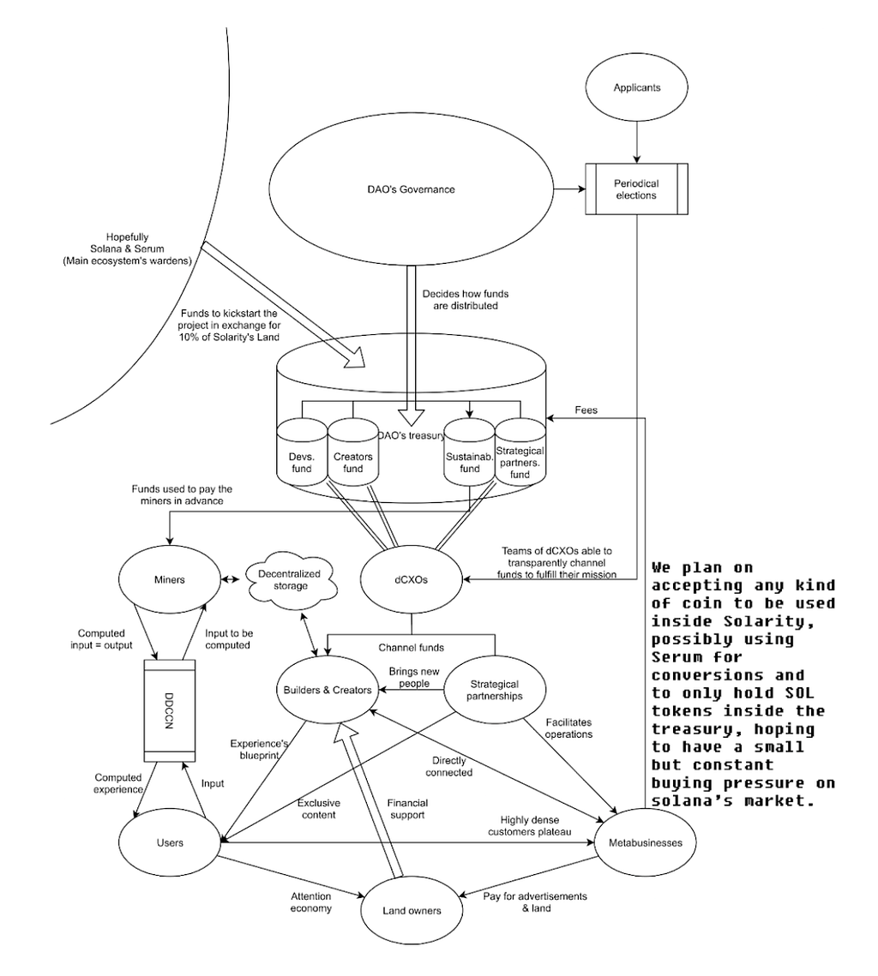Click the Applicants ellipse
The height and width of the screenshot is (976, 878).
coord(636,87)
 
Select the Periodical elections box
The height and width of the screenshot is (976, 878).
coord(636,189)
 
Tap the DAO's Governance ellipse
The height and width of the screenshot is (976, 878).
coord(411,189)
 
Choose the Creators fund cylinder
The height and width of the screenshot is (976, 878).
coord(353,452)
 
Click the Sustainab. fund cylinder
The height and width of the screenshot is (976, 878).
coord(470,452)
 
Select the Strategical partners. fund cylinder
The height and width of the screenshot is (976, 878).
coord(520,452)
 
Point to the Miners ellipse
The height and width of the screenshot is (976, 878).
coord(170,579)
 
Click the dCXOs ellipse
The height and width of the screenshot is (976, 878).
coord(411,579)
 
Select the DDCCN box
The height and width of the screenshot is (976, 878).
coord(170,711)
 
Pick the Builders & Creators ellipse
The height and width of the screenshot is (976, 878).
coord(328,690)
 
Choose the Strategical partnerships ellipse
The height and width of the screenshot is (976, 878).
coord(495,690)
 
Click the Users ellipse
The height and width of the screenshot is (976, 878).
coord(170,843)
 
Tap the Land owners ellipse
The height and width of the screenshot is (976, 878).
coord(411,911)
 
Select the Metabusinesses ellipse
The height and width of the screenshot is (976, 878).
coord(645,843)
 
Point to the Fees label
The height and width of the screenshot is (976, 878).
coord(586,410)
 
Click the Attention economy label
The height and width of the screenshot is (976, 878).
coord(310,902)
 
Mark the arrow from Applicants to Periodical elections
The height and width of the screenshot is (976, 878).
coord(636,142)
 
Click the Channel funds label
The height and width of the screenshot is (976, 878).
coord(411,648)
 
